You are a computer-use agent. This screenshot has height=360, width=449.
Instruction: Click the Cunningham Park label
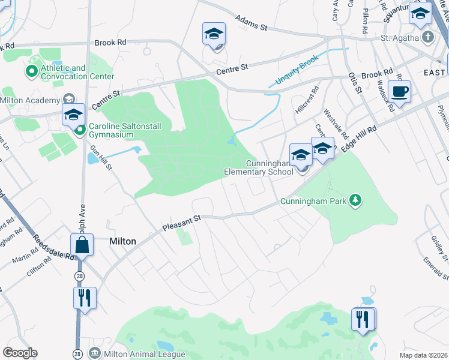pos(313,202)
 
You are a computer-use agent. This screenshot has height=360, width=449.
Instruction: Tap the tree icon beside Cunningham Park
pos(355,200)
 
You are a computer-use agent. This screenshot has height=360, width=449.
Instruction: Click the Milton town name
pos(122,241)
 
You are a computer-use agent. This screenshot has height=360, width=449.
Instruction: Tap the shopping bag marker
pos(82,245)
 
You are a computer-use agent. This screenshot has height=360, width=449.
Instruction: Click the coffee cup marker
pos(399,92)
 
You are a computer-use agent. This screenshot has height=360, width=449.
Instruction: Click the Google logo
pos(20,353)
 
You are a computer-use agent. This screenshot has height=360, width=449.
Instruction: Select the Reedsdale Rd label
pos(54,246)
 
